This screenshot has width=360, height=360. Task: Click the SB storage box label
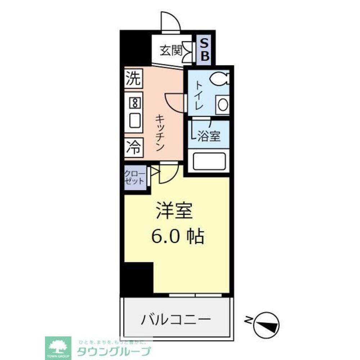(x=204, y=50)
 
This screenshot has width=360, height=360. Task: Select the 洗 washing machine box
(x=134, y=78)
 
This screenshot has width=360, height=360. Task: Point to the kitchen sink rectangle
(x=134, y=121)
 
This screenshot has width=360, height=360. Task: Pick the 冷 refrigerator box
(x=134, y=148)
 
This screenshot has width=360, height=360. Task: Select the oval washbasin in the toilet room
(x=222, y=105)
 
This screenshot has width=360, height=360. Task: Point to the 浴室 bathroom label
(x=209, y=136)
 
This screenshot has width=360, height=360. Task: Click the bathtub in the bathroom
(x=209, y=161)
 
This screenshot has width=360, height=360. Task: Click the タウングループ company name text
(x=114, y=351)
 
